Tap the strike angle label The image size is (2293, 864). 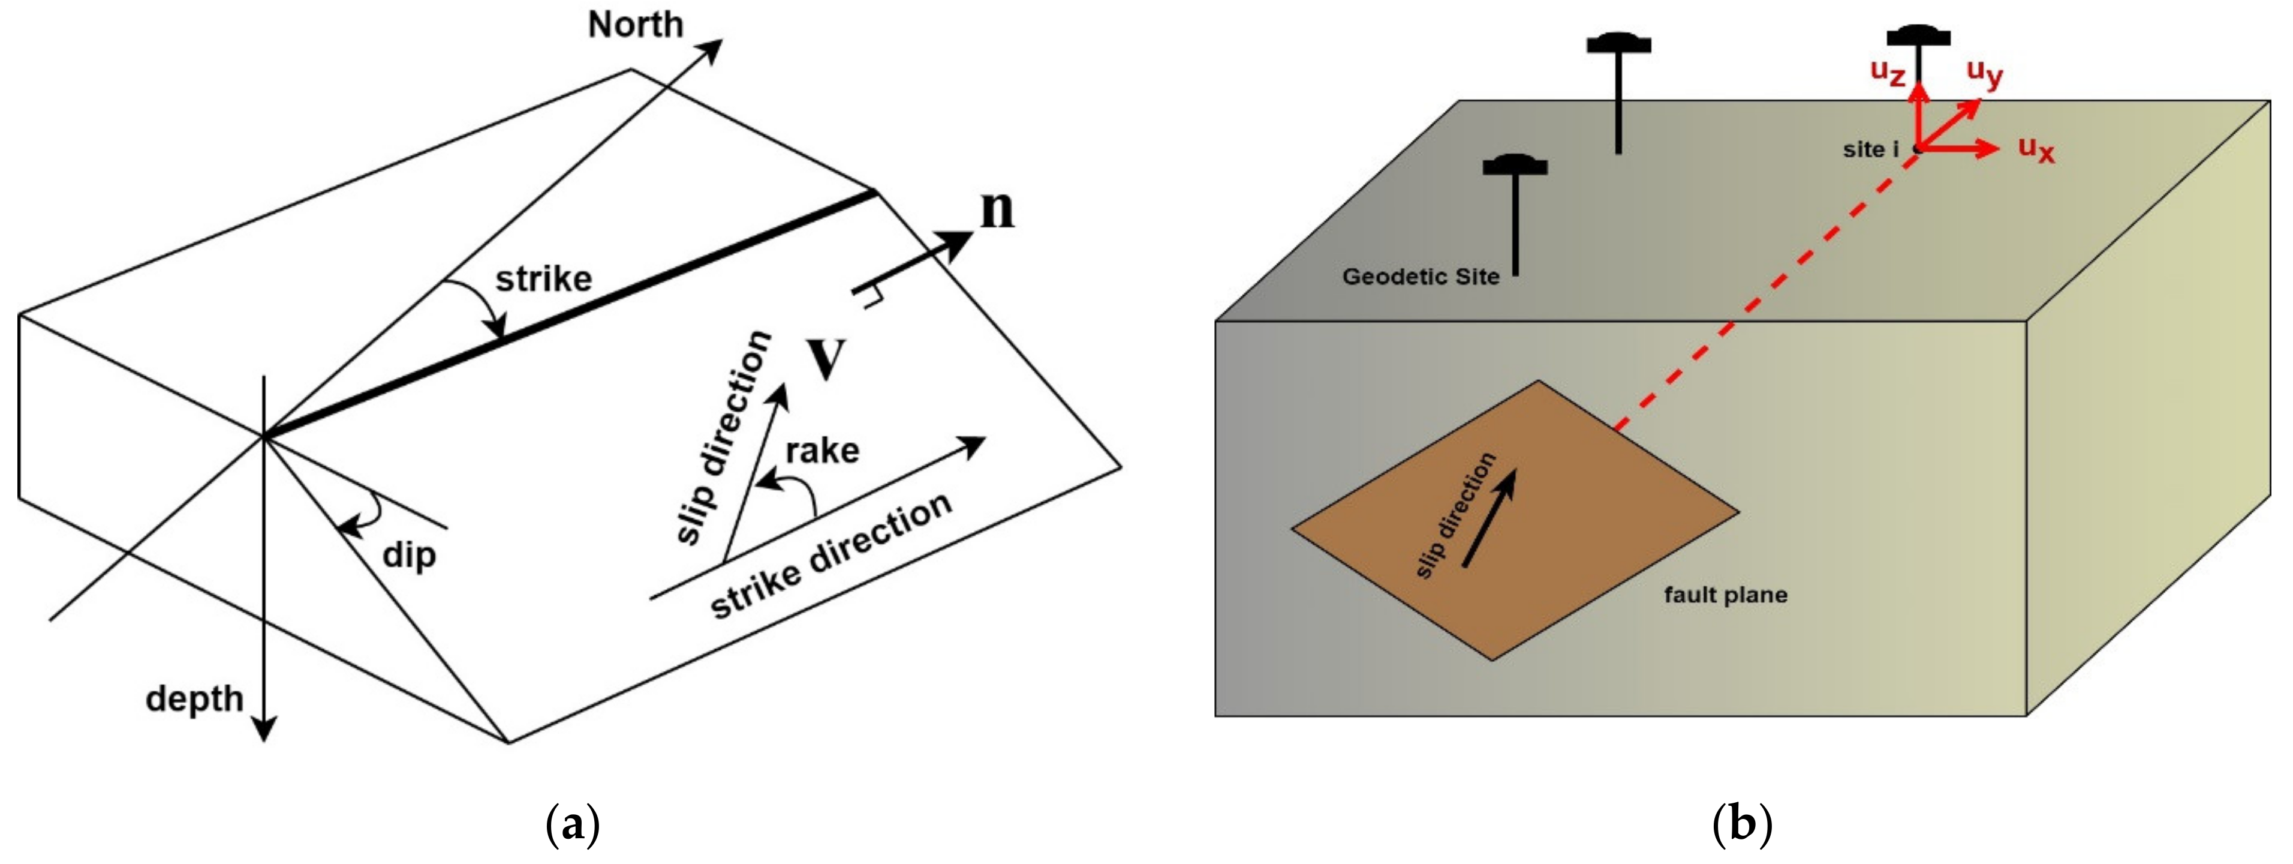click(x=543, y=280)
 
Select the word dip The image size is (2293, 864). click(x=408, y=556)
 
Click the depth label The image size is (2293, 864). click(x=194, y=699)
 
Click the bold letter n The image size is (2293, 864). click(x=997, y=211)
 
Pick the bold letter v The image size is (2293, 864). click(x=826, y=358)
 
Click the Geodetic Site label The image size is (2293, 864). click(x=1421, y=277)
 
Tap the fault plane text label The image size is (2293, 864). click(x=1725, y=595)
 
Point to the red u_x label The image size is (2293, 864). click(x=2036, y=149)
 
